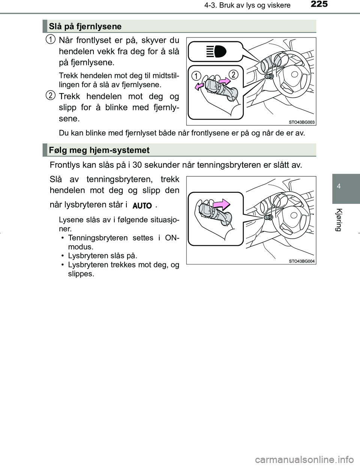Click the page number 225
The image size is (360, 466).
point(319,5)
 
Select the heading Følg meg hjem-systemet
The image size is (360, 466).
point(99,150)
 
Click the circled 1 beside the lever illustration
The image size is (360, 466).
point(195,76)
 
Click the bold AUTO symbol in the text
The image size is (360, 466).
point(142,206)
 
